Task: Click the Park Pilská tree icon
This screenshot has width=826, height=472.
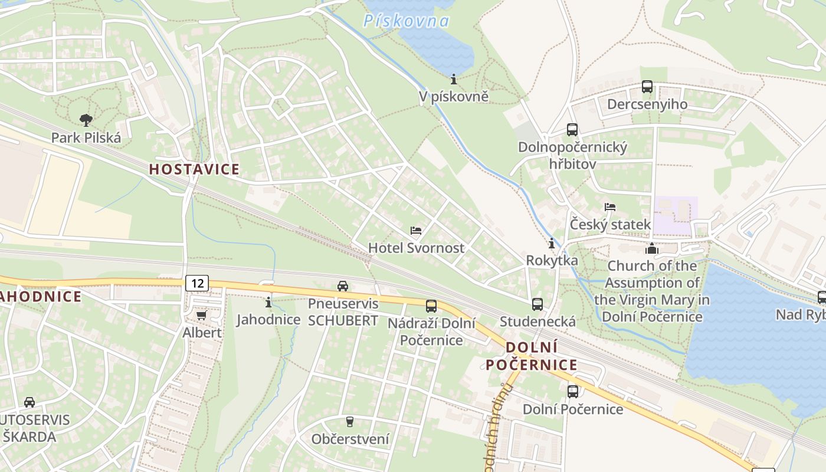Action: coord(86,120)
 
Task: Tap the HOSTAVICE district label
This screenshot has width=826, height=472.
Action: coord(194,169)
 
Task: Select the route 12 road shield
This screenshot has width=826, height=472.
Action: coord(197,283)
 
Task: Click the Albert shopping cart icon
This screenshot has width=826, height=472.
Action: coord(201,315)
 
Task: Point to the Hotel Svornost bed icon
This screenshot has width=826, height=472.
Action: coord(416,231)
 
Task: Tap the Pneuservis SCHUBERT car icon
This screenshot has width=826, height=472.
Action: coord(342,286)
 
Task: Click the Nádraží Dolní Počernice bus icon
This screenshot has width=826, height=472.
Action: coord(431,306)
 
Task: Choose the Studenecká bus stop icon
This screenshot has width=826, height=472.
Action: coord(537,304)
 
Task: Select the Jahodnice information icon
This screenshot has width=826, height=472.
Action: coord(268,302)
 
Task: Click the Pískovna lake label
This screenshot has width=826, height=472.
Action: coord(406,22)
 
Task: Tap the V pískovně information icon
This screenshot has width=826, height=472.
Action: coord(454,78)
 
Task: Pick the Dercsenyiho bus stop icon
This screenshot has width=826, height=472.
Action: coord(647,87)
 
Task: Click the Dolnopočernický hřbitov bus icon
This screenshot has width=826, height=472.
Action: coord(572,130)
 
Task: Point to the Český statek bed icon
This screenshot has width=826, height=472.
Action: coord(610,207)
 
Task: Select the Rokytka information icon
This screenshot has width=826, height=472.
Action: coord(552,243)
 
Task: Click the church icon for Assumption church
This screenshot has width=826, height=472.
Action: coord(651,248)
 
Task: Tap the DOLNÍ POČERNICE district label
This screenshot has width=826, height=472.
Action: coord(532,356)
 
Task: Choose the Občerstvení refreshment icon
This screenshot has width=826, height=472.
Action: coord(350,421)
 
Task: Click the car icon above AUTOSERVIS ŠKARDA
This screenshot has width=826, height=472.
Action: coord(29,402)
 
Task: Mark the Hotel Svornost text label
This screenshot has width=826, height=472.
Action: coord(416,248)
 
